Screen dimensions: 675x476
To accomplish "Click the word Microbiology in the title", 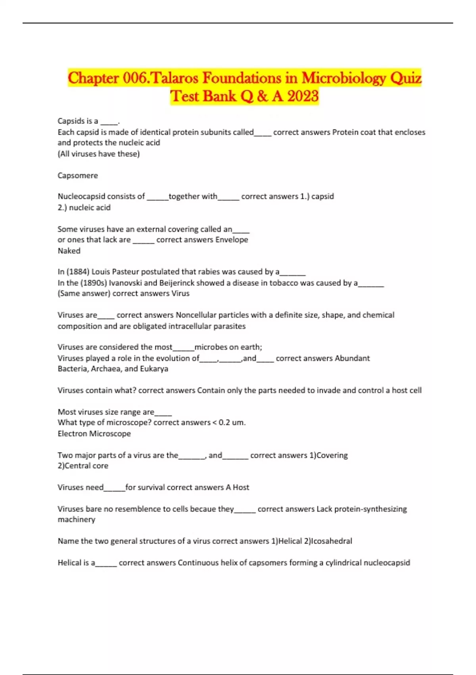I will coord(344,78).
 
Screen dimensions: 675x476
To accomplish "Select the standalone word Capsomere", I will coord(78,175).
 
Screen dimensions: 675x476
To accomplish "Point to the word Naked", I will coord(69,251).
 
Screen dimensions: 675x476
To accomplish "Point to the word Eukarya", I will coord(154,368).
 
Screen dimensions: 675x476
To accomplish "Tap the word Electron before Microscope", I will coord(72,434).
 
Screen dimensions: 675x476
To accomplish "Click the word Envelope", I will coord(232,239).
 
